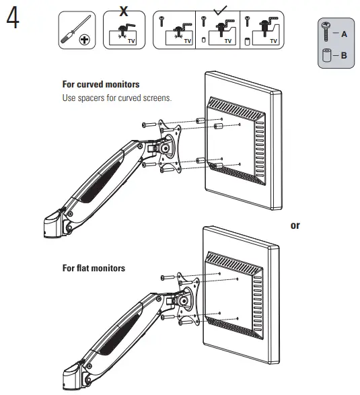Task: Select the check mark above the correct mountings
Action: pyautogui.click(x=219, y=8)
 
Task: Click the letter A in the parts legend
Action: pyautogui.click(x=344, y=32)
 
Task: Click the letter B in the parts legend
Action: pyautogui.click(x=344, y=55)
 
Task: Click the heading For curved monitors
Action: pyautogui.click(x=101, y=85)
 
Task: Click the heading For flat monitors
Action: pyautogui.click(x=94, y=268)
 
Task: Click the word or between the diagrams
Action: pyautogui.click(x=295, y=225)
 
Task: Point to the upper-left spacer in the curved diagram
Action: pyautogui.click(x=199, y=121)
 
